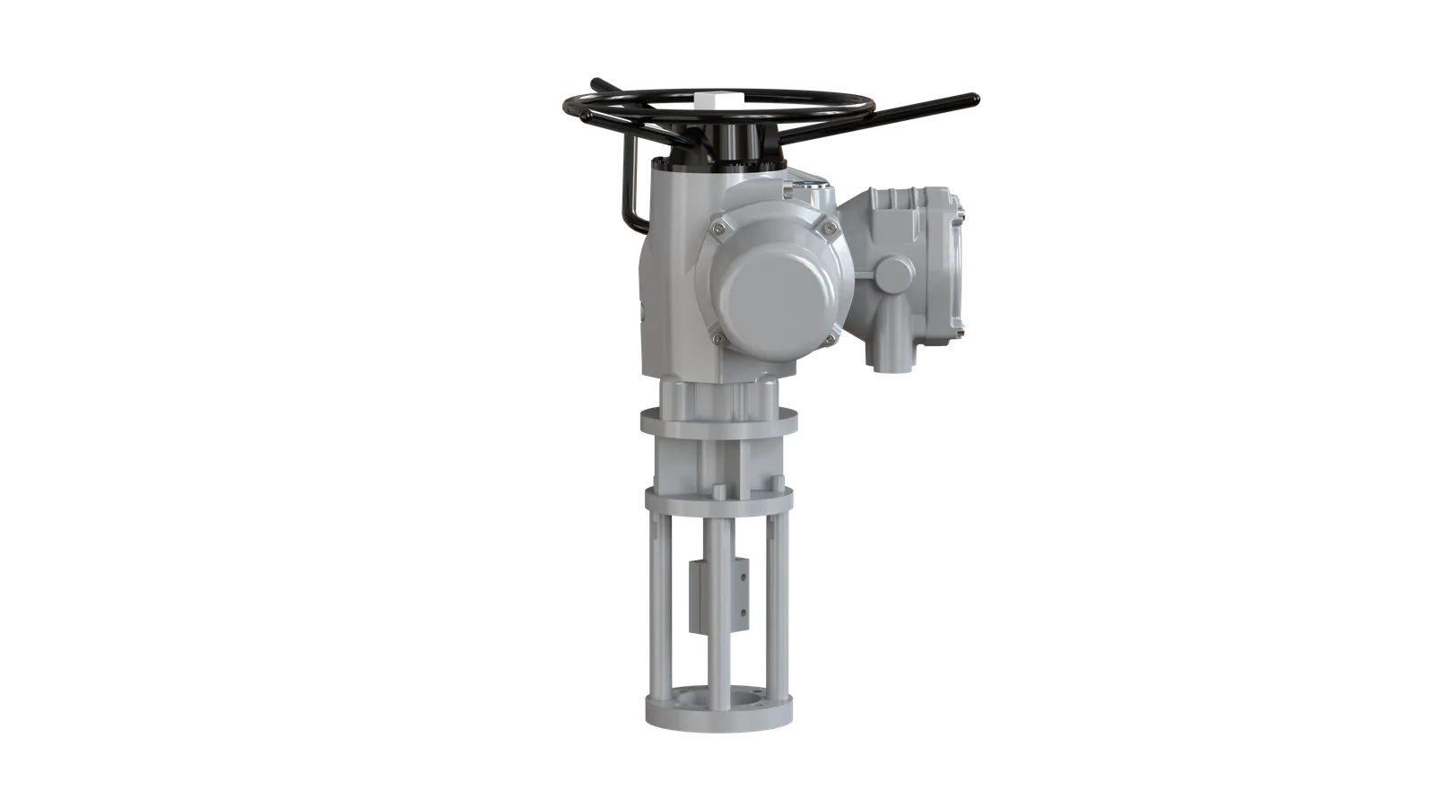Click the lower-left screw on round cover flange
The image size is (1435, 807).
tap(716, 338)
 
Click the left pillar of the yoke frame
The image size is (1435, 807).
tap(657, 610)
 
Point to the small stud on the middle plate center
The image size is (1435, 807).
tap(719, 492)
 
